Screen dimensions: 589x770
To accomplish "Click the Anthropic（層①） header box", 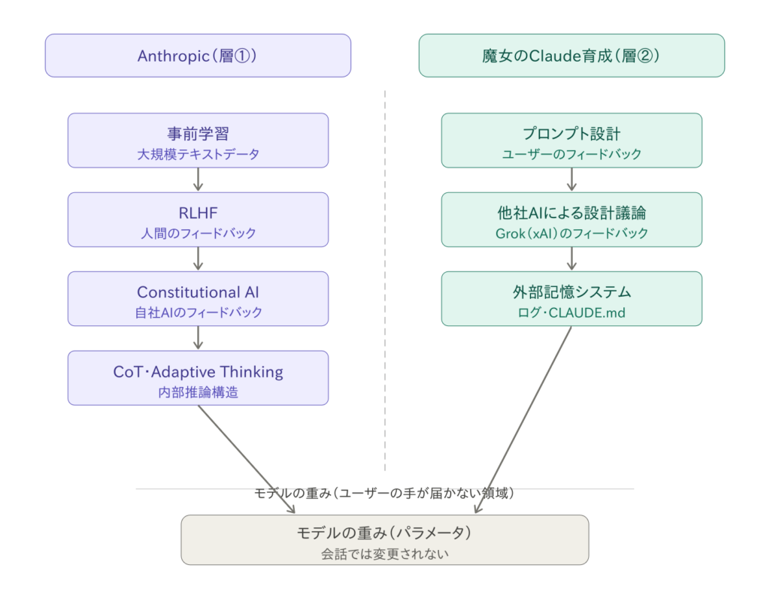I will point(198,56).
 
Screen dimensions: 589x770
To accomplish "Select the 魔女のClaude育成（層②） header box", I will point(571,56).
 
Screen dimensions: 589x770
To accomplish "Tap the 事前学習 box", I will point(198,140).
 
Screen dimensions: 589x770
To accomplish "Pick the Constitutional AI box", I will point(198,298).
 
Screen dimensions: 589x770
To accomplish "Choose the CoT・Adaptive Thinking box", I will point(198,378).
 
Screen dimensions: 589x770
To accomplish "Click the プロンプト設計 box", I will point(571,140).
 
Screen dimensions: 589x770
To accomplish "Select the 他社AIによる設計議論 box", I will point(571,219).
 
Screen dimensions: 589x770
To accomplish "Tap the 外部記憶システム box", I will point(571,298).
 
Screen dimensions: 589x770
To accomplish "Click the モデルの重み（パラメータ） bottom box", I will point(384,539).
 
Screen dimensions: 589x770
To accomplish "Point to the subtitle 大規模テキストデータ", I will point(198,154).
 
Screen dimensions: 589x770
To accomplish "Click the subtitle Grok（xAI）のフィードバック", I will point(571,233).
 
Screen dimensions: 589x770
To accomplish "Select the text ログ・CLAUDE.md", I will point(571,313).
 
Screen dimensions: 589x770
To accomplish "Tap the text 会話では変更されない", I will point(384,555).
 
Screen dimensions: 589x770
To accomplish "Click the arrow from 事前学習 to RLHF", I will point(198,180).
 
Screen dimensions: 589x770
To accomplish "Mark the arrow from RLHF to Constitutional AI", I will point(198,258).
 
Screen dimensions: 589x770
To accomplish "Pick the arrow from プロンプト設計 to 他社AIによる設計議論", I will point(571,180).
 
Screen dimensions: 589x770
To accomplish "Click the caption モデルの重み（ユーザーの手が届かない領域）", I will point(384,493).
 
